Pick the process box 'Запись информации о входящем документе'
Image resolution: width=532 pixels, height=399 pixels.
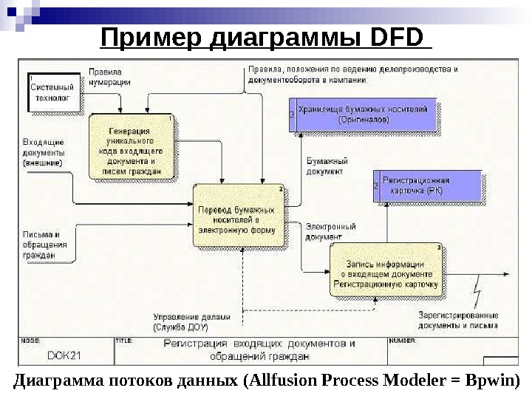(386, 270)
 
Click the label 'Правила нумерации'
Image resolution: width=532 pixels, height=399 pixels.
(109, 78)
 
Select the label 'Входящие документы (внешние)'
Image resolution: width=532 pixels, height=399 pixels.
(43, 151)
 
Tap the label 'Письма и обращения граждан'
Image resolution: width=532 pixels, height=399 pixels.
(46, 245)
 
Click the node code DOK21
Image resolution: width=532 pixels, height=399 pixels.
(64, 355)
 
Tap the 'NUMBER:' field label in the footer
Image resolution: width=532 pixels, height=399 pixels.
(403, 341)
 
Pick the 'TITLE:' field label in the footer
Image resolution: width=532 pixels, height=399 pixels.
(124, 341)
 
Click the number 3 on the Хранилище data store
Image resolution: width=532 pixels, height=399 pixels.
(292, 115)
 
